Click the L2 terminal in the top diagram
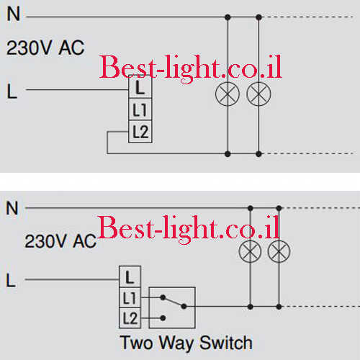pyautogui.click(x=140, y=132)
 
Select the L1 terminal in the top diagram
pyautogui.click(x=140, y=109)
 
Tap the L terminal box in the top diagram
pyautogui.click(x=140, y=87)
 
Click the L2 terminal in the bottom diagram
pyautogui.click(x=130, y=318)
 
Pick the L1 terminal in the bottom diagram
pyautogui.click(x=130, y=297)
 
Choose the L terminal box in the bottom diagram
pyautogui.click(x=130, y=276)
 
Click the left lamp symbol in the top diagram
pyautogui.click(x=228, y=94)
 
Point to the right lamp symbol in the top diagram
pyautogui.click(x=258, y=94)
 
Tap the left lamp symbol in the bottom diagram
pyautogui.click(x=250, y=251)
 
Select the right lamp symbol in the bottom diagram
pyautogui.click(x=279, y=251)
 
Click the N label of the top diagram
pyautogui.click(x=14, y=14)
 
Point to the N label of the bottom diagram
pyautogui.click(x=12, y=208)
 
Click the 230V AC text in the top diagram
pyautogui.click(x=45, y=48)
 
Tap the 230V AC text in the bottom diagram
pyautogui.click(x=60, y=241)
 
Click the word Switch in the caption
pyautogui.click(x=226, y=343)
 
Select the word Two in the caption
pyautogui.click(x=136, y=343)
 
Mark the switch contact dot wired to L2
pyautogui.click(x=163, y=318)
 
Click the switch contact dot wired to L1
pyautogui.click(x=163, y=297)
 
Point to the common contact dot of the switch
pyautogui.click(x=184, y=307)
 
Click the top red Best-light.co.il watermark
pyautogui.click(x=190, y=68)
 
